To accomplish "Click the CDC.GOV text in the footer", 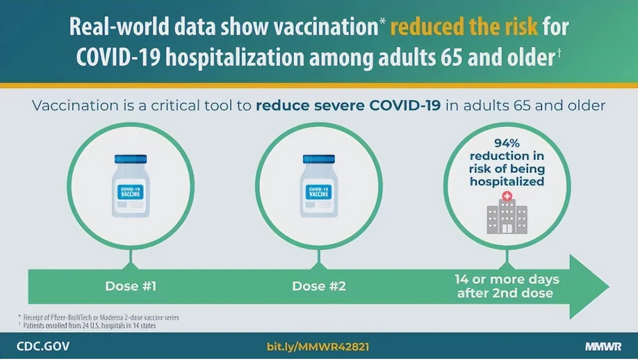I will tap(43, 346).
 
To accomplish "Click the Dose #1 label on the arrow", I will tap(131, 286).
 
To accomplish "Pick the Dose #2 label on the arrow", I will tap(319, 286).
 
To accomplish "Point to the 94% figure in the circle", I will tap(507, 144).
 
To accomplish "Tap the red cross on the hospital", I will tap(507, 196).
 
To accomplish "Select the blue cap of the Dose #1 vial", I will tap(131, 159).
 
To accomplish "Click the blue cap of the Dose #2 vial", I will tap(319, 159).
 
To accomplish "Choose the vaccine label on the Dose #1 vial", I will tap(131, 192).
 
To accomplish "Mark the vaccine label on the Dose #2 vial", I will tap(319, 192).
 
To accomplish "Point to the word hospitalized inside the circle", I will tap(507, 181).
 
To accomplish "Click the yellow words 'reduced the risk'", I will tap(464, 27).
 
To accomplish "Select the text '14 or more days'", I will tap(506, 279).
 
